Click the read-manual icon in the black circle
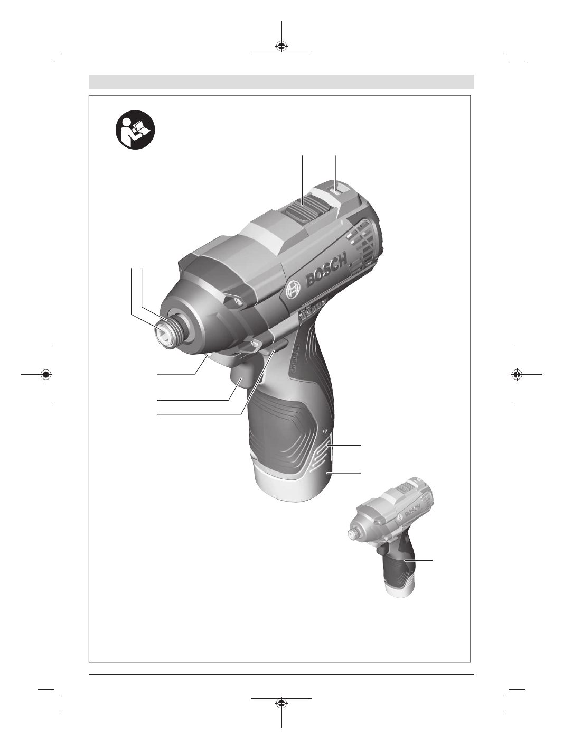coord(135,130)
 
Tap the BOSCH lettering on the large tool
coord(327,269)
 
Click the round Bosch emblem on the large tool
coord(294,290)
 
